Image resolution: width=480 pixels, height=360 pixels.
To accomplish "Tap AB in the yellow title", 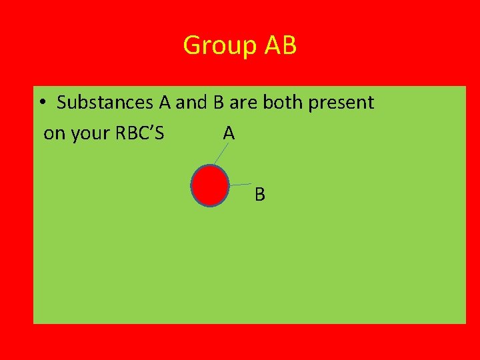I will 280,46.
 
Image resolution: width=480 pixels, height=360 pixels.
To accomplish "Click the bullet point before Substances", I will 41,103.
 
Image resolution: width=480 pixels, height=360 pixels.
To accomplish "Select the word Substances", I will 105,103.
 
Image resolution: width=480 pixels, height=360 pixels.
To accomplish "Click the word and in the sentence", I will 192,103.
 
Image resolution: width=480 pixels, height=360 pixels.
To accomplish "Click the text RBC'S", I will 139,133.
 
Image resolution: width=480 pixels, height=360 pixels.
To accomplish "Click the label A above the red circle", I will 229,133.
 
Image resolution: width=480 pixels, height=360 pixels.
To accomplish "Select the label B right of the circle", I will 260,195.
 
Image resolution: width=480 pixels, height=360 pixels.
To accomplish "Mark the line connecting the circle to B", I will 240,184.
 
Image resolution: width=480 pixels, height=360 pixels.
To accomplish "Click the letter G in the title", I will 191,46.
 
